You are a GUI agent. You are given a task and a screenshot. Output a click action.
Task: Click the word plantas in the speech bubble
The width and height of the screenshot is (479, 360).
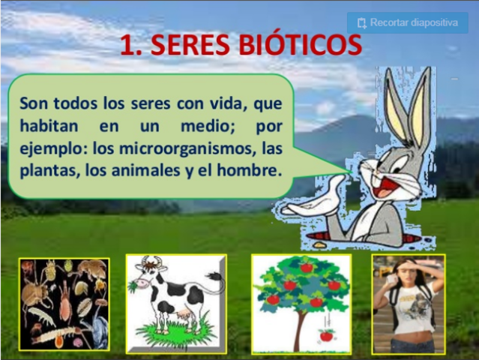tap(47, 170)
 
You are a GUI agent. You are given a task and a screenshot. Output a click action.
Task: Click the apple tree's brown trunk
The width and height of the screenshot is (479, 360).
tap(300, 326)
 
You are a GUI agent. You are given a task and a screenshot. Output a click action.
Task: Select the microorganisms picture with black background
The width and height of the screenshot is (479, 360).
tap(64, 303)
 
